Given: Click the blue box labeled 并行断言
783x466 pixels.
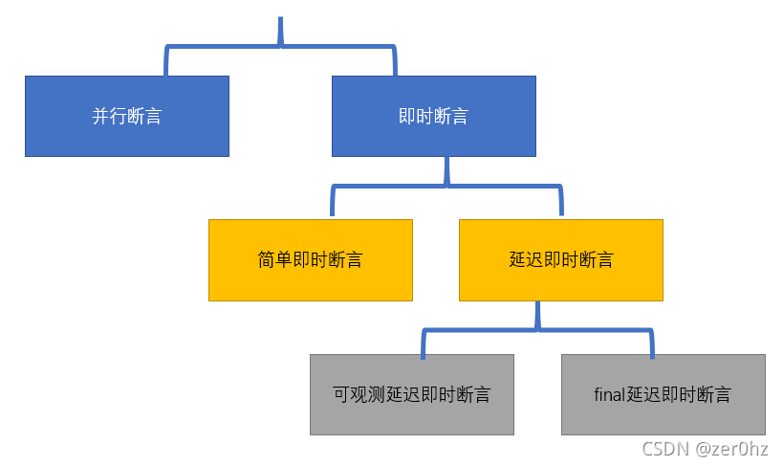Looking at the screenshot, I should coord(127,116).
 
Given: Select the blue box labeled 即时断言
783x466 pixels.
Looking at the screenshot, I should coord(433,116).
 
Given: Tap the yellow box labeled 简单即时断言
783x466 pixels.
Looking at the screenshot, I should coord(311,260).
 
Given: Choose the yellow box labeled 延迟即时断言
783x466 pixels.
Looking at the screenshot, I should coord(561,260).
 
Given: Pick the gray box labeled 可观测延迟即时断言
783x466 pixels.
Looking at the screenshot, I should coord(412,394).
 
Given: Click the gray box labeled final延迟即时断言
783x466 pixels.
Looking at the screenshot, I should coord(663,394).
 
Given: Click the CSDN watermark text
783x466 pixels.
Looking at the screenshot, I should coord(664,449).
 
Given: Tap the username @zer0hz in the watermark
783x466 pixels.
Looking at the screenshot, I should coord(735,449).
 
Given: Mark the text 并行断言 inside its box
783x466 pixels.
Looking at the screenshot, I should coord(127,117).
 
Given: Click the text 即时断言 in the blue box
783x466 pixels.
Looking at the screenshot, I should coord(433,117).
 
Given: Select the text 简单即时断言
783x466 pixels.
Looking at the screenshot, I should coord(311,260).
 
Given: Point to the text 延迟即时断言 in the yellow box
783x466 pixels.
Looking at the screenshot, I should coord(561,260).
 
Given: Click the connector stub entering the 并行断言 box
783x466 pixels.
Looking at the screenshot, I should coord(165,61).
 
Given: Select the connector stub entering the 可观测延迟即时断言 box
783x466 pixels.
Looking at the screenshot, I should coord(423,343).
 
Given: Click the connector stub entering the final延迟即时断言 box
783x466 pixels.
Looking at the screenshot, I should coord(653,343).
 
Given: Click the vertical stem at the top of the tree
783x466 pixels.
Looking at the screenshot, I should coord(280,31).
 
